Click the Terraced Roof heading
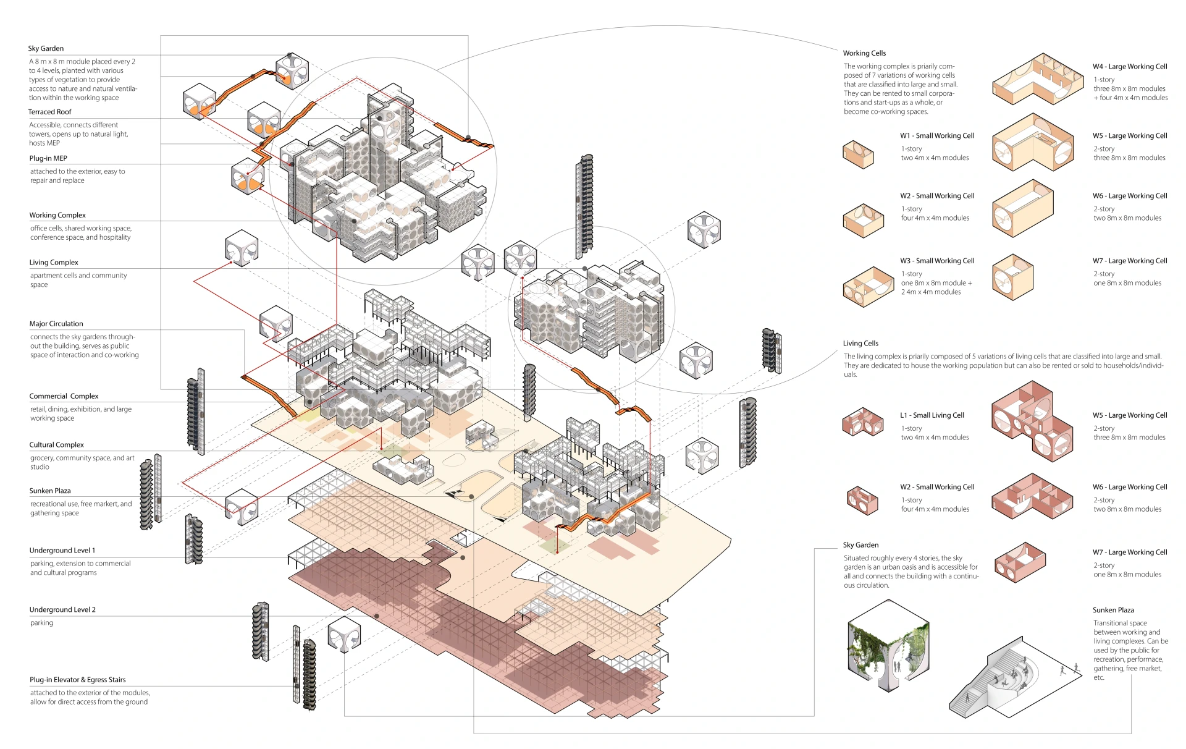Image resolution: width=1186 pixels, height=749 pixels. tap(49, 112)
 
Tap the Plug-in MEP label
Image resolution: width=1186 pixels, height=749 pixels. tap(48, 158)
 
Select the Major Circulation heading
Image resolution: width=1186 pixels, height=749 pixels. tap(56, 324)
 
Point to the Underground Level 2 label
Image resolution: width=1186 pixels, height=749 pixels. tap(62, 610)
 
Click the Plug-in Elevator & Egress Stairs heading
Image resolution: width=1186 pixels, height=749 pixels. tap(78, 680)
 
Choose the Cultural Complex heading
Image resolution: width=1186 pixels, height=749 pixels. tap(57, 445)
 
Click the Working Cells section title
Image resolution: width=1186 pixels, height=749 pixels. tap(864, 53)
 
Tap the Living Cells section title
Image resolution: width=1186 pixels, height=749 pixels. tap(860, 344)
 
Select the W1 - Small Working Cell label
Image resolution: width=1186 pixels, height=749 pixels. tap(937, 136)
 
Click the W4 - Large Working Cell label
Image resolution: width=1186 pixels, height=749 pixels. tap(1130, 67)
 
